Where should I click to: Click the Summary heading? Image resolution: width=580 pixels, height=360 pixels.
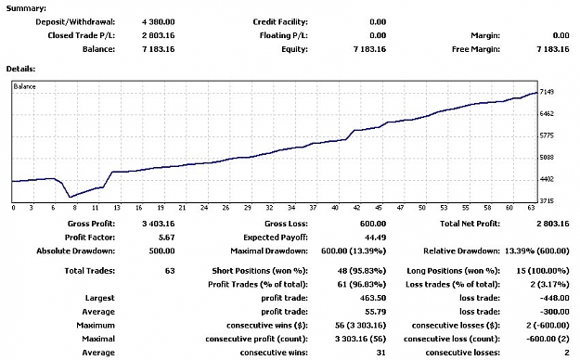[x=26, y=8]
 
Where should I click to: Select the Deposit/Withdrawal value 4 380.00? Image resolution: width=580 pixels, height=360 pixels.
[x=159, y=22]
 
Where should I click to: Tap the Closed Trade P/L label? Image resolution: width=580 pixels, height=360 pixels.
[x=82, y=35]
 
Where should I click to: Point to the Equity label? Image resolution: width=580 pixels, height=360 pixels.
[x=294, y=49]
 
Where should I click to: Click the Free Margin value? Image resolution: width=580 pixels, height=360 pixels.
[x=553, y=49]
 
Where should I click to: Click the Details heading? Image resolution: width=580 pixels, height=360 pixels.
[x=20, y=69]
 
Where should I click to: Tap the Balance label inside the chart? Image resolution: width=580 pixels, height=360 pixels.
[x=24, y=86]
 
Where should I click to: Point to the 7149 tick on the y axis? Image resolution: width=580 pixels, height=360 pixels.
[x=547, y=92]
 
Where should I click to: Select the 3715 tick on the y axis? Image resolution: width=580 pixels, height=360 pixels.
[x=547, y=201]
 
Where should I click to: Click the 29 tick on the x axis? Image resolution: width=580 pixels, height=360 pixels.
[x=248, y=208]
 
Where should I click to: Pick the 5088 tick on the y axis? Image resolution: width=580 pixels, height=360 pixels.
[x=547, y=158]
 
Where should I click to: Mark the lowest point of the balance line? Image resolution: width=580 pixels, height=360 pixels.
[x=70, y=198]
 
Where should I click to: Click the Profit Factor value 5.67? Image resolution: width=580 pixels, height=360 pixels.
[x=166, y=238]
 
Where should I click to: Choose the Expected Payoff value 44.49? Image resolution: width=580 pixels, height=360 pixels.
[x=375, y=238]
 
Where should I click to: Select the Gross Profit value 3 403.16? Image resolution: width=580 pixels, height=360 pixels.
[x=159, y=224]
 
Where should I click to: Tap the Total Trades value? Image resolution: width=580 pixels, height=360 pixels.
[x=170, y=271]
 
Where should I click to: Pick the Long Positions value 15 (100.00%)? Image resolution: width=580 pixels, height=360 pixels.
[x=543, y=271]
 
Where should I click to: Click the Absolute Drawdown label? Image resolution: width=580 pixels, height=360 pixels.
[x=76, y=251]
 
